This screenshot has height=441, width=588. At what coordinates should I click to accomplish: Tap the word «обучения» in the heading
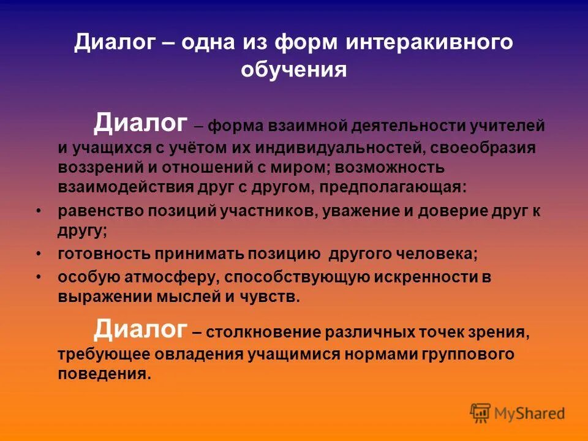click(294, 70)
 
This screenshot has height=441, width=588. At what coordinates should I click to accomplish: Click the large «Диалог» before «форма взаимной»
click(140, 124)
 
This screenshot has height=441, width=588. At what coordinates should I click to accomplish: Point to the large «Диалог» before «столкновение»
click(140, 331)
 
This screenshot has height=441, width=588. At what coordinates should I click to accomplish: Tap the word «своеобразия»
click(483, 148)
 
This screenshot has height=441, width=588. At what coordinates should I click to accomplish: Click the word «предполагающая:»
click(399, 187)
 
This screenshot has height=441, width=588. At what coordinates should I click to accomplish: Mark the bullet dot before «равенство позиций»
click(39, 210)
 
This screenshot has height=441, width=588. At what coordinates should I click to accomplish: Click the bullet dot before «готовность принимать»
click(39, 253)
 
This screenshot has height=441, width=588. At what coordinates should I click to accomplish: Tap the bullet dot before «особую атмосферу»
click(39, 277)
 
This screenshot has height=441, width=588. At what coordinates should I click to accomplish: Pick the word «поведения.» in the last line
click(104, 374)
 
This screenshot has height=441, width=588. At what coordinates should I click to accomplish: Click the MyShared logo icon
click(481, 413)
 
